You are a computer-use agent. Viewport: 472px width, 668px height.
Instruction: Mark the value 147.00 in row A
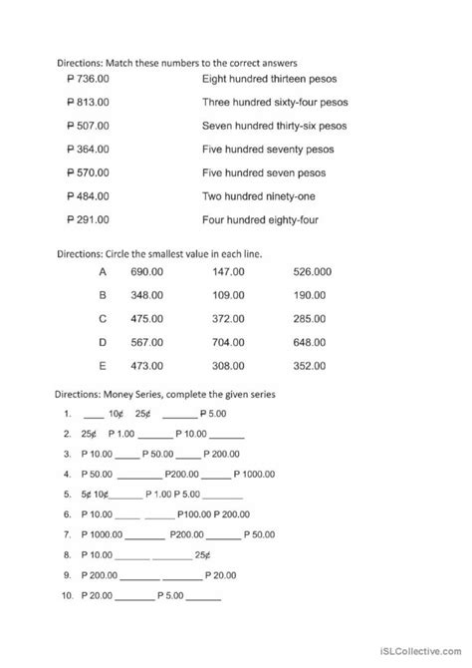[230, 272]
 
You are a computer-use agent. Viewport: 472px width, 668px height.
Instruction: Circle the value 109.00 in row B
[230, 296]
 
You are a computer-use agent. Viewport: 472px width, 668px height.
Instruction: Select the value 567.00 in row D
[147, 343]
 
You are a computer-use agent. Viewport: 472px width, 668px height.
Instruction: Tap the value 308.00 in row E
[230, 366]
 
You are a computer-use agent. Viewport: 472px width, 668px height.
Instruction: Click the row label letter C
[103, 319]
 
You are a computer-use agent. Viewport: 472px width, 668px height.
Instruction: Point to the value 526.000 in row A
[313, 272]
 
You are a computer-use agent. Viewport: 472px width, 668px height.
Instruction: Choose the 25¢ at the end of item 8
[202, 553]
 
